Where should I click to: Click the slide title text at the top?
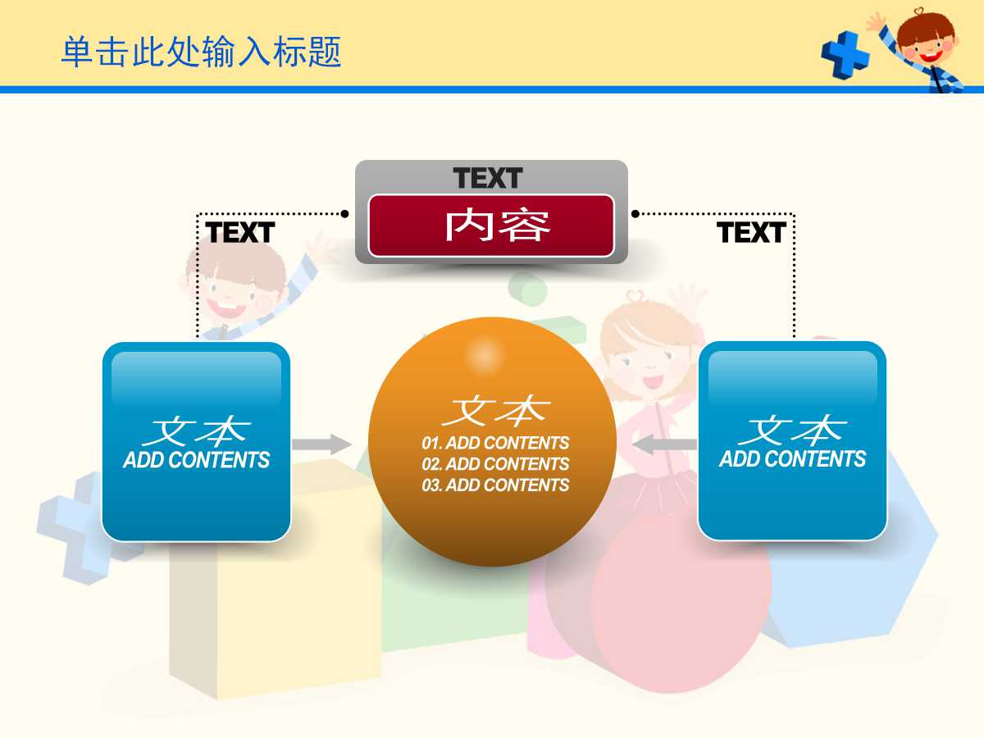201,52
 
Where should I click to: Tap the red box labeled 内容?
491,225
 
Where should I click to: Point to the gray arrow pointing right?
321,445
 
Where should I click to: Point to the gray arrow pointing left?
663,445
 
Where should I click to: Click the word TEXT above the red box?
488,178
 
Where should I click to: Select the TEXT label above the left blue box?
239,233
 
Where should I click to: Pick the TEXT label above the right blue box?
751,233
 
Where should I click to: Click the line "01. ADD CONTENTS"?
495,443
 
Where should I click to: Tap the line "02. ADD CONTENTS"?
495,464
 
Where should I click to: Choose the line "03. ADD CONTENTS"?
495,485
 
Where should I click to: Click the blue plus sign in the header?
845,54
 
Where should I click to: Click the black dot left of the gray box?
345,214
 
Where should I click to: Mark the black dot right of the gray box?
635,214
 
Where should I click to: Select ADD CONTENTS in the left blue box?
196,460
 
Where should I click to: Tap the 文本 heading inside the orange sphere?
495,410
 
